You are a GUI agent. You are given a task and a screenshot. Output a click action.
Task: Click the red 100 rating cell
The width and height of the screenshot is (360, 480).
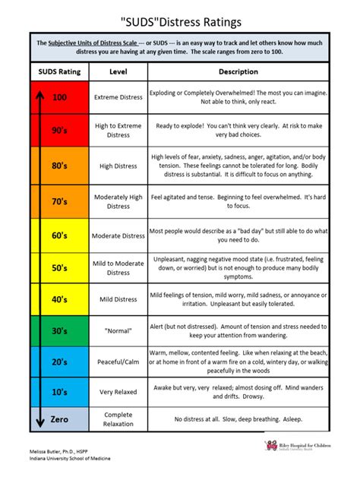[x=59, y=97]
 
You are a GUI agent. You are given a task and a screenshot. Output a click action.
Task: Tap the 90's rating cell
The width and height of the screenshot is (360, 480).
[x=59, y=130]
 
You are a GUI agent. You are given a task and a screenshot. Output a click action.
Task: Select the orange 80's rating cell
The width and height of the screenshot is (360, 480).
[x=59, y=166]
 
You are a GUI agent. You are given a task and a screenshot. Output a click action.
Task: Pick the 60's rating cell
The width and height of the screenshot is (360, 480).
[x=59, y=235]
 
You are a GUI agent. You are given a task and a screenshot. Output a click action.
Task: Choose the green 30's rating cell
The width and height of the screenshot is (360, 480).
[x=59, y=330]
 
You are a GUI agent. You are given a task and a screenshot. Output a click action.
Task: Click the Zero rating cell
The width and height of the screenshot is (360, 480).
[x=59, y=418]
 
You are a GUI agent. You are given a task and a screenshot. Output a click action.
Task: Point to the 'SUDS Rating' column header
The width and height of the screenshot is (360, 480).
[x=59, y=71]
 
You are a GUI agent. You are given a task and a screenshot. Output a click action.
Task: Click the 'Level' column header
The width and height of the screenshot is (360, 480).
[x=118, y=71]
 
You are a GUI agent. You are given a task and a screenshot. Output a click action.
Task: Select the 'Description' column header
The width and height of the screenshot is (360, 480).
[x=238, y=71]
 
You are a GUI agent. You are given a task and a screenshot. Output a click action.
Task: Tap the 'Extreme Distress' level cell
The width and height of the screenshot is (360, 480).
[x=118, y=97]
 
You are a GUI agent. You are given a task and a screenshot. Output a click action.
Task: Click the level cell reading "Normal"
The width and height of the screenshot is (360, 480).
[x=118, y=330]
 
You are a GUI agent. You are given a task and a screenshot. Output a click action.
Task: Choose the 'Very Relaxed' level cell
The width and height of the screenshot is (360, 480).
[x=118, y=392]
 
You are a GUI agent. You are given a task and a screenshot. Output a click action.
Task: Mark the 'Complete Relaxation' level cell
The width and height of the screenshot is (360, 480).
[x=118, y=418]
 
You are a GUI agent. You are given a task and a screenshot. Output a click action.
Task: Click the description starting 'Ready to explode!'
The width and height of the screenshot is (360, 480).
[x=238, y=130]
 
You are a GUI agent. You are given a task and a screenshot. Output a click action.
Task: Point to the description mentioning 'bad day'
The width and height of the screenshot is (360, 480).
[x=238, y=235]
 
